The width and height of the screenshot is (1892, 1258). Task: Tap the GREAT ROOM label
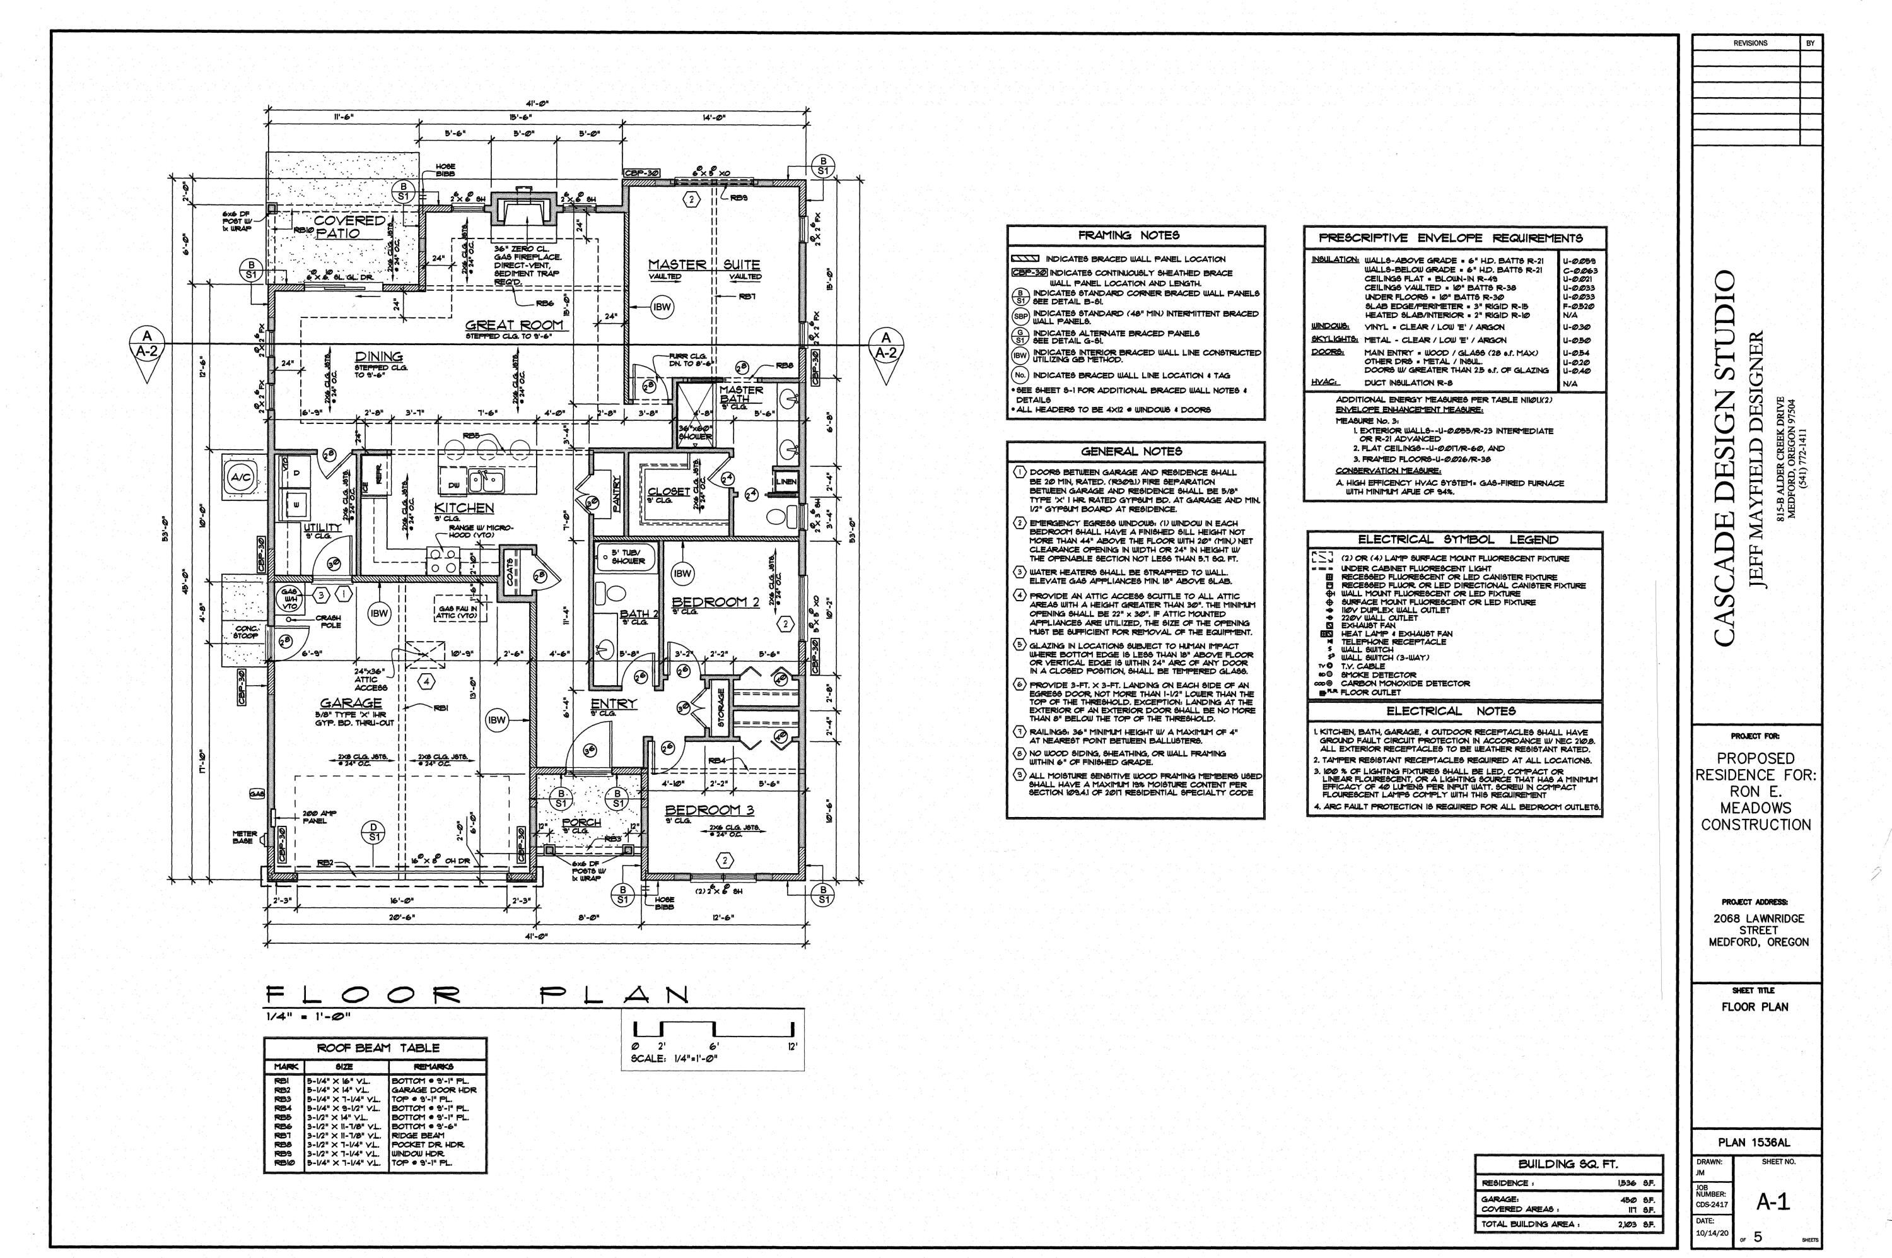coord(514,325)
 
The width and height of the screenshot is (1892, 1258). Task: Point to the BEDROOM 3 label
coord(703,809)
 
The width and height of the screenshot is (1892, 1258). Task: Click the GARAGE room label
coord(351,703)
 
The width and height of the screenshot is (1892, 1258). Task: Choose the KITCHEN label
coord(464,508)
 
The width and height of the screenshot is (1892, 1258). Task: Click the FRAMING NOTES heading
coord(1128,235)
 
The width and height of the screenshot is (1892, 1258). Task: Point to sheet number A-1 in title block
coord(1773,1201)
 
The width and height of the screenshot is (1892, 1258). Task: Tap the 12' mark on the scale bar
coord(792,1046)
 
